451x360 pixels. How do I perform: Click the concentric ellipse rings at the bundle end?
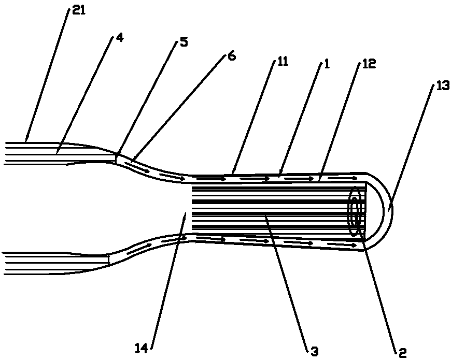pos(356,212)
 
